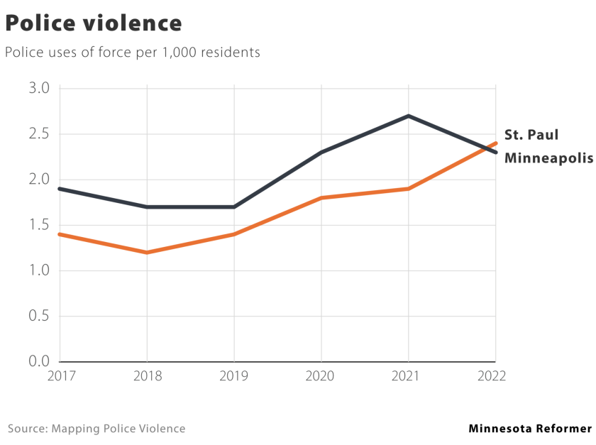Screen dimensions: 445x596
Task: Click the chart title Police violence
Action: tap(94, 23)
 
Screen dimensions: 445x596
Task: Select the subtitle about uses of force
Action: tap(133, 53)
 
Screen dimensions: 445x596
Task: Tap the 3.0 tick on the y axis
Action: tap(39, 89)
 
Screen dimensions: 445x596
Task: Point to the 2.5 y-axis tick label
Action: tap(39, 134)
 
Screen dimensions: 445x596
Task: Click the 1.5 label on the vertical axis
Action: tap(39, 225)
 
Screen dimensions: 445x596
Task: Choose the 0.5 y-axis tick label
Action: tap(39, 316)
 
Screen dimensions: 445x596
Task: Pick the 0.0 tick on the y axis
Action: tap(39, 361)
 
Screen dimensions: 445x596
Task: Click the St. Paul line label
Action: tap(531, 135)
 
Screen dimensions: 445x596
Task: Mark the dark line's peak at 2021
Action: tap(409, 116)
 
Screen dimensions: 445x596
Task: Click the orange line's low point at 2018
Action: tap(147, 252)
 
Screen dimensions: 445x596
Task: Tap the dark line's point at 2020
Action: tap(321, 152)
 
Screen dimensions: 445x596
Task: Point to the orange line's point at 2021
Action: tap(409, 189)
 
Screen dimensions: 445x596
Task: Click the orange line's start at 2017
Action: tap(60, 234)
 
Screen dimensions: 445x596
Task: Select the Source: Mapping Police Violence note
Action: tap(96, 429)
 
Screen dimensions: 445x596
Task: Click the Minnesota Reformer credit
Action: tap(529, 429)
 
